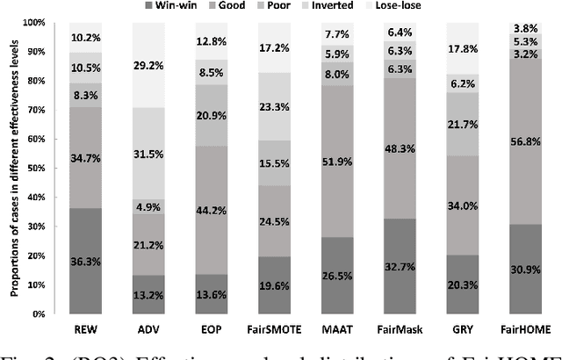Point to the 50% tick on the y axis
pos(54,169)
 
